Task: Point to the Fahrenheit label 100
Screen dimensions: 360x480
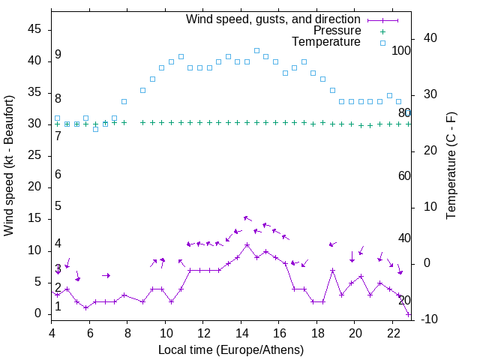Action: pos(401,51)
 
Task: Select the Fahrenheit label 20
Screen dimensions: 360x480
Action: pos(404,300)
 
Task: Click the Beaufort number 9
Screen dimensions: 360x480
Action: pos(58,55)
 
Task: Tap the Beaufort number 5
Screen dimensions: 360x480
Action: pos(58,206)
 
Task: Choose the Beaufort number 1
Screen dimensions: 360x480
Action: pos(58,306)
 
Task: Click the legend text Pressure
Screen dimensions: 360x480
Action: pos(337,31)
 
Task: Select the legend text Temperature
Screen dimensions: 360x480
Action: pos(326,42)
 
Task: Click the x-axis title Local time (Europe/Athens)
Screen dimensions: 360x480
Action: pos(231,349)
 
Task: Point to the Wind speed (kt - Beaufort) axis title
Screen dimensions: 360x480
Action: pos(9,166)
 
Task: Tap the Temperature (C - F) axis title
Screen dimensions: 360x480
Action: pos(451,166)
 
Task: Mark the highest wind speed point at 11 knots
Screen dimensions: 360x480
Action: pos(247,244)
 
